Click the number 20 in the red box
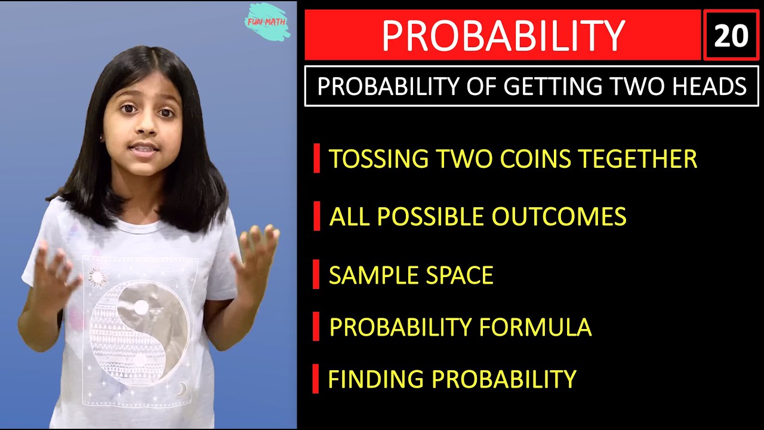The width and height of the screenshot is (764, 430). point(731,36)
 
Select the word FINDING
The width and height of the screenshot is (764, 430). point(376,379)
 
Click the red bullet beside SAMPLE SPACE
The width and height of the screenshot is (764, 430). point(316,275)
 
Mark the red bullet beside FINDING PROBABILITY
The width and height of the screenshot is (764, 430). point(316,379)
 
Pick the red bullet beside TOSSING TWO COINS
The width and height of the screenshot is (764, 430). point(316,159)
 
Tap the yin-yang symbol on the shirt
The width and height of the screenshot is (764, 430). point(139,332)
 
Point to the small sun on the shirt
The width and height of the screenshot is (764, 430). point(97,277)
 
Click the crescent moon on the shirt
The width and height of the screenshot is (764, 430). point(180,389)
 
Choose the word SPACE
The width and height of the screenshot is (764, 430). point(460,275)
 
